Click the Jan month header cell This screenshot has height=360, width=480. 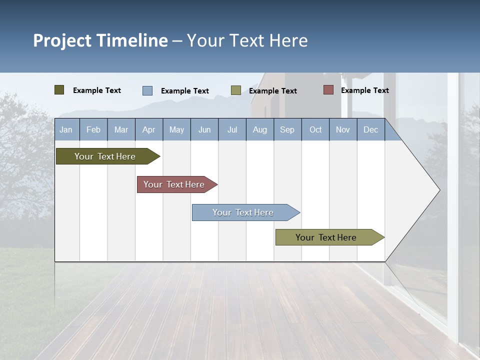click(66, 129)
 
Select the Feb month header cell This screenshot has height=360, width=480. click(93, 129)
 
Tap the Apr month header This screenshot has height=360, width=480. click(149, 129)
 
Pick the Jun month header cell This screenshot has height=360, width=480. click(204, 129)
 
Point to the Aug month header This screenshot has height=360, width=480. click(260, 129)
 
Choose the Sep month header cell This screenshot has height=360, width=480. click(287, 129)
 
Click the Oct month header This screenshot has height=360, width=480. click(315, 129)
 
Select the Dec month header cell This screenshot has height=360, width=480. click(371, 129)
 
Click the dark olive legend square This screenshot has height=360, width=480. click(59, 90)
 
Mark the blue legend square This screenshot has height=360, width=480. click(147, 90)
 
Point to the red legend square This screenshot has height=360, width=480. click(328, 90)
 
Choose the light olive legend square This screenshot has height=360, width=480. click(236, 90)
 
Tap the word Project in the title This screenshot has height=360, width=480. click(62, 40)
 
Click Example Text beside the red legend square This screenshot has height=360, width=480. click(364, 90)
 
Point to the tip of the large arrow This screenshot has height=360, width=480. click(439, 190)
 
